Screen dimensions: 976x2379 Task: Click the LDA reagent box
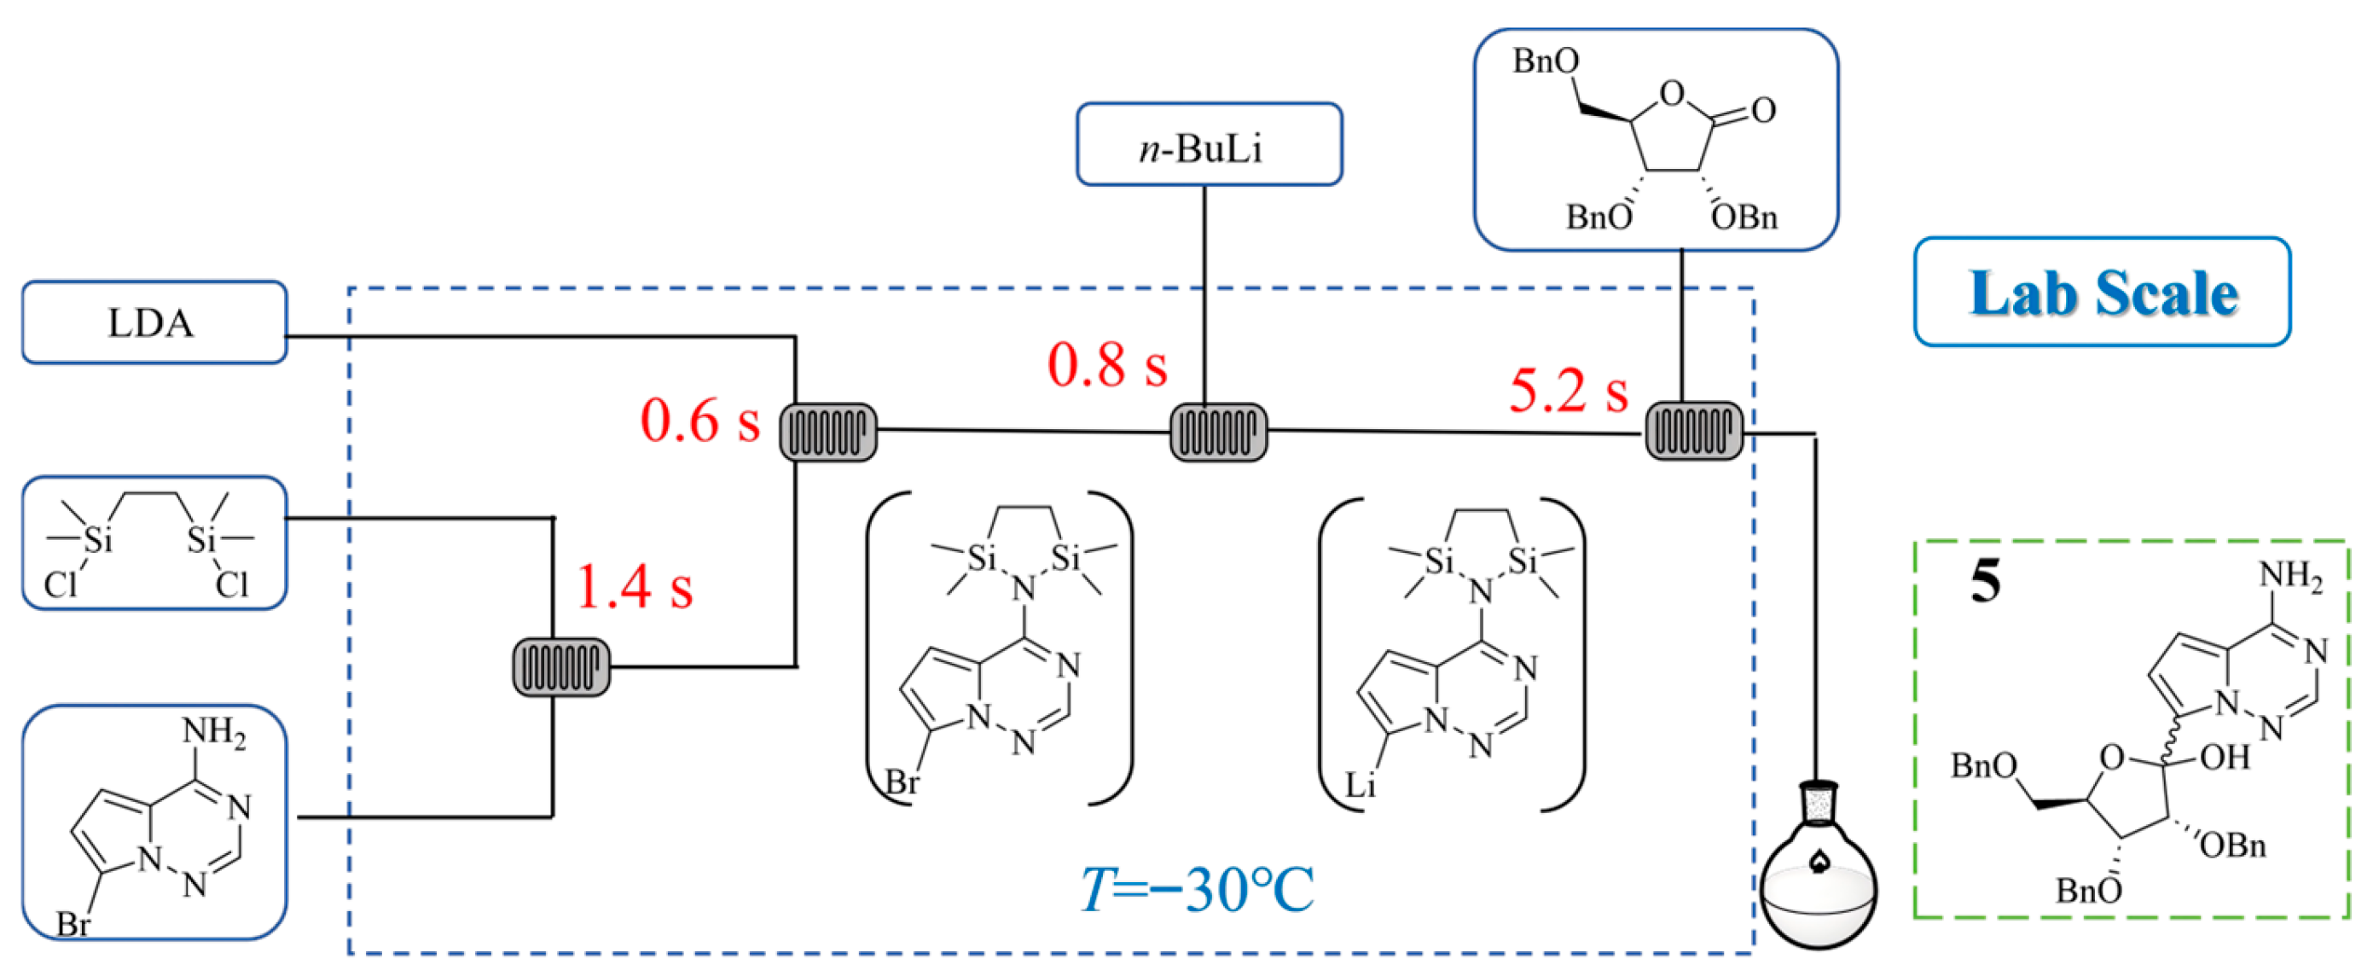click(x=154, y=322)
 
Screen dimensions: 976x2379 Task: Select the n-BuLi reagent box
click(x=1208, y=145)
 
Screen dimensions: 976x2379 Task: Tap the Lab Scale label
click(x=2103, y=293)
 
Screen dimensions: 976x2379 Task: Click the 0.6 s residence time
click(x=699, y=421)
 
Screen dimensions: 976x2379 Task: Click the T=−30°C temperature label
click(x=1198, y=890)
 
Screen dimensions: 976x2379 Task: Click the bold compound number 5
click(x=1986, y=582)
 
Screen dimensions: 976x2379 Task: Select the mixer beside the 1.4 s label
click(x=560, y=665)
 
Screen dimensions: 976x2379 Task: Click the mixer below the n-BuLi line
click(x=1218, y=431)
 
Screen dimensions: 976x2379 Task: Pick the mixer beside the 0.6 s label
click(x=828, y=431)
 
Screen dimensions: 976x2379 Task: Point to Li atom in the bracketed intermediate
click(x=1360, y=786)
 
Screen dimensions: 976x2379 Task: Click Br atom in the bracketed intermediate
click(x=902, y=783)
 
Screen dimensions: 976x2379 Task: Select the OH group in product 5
click(x=2225, y=758)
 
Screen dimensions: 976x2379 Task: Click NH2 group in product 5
click(x=2290, y=576)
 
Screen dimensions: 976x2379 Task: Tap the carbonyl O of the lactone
click(x=1763, y=111)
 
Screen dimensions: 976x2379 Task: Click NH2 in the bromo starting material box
click(x=214, y=732)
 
